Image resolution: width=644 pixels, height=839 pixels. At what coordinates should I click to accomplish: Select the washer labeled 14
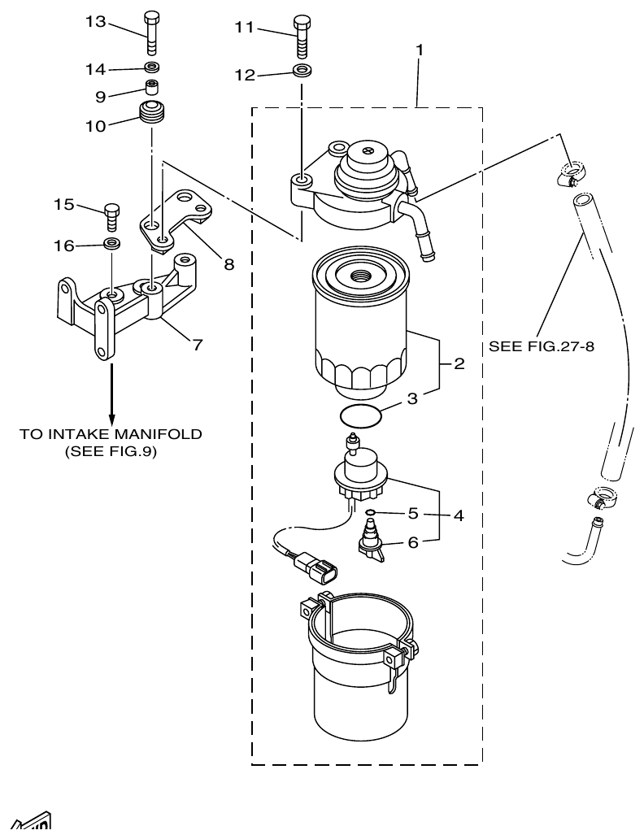coord(152,67)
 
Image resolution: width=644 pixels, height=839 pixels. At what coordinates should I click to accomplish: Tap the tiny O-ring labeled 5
coord(370,512)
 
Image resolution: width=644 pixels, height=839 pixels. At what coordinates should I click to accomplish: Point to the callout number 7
coord(197,344)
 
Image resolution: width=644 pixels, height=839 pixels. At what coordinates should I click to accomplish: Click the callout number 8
coord(229,263)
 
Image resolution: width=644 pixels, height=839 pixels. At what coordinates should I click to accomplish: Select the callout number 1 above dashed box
coord(420,50)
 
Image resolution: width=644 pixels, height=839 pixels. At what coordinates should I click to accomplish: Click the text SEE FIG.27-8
coord(542,346)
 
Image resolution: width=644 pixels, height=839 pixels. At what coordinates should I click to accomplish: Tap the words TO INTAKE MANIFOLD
coord(111,433)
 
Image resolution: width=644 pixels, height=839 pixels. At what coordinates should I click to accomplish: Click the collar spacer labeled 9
coord(152,87)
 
